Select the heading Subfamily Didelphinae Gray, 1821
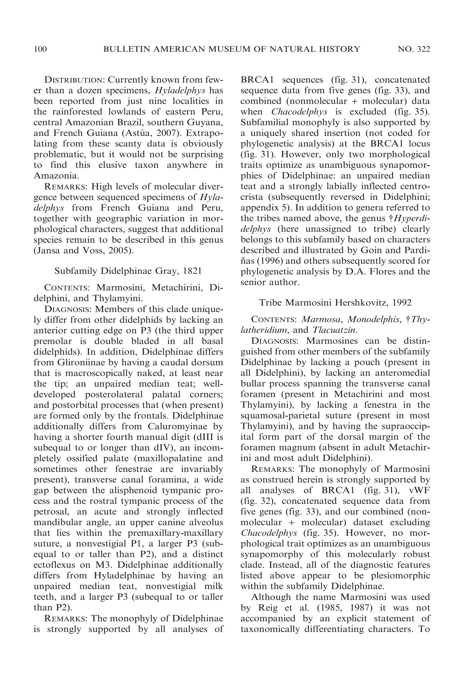click(x=128, y=271)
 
